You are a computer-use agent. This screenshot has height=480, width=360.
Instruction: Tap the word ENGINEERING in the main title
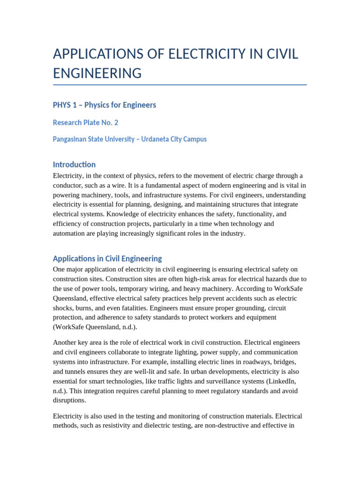click(x=97, y=73)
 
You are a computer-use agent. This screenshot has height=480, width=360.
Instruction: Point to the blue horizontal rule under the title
click(x=180, y=85)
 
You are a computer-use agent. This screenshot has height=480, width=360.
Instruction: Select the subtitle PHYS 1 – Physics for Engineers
click(x=104, y=105)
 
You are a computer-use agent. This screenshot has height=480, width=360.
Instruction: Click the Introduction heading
click(x=74, y=165)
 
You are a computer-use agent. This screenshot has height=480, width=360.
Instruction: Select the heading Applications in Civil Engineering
click(x=107, y=258)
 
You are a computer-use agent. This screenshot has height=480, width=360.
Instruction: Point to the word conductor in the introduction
click(x=67, y=185)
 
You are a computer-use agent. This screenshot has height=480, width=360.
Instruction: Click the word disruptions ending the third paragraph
click(x=69, y=400)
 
